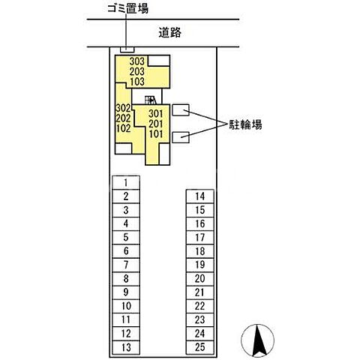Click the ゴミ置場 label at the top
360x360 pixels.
coord(126,9)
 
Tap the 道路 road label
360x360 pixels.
coord(170,32)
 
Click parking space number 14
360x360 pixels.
coord(199,196)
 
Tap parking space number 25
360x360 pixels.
coord(199,346)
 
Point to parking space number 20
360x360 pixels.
coord(199,278)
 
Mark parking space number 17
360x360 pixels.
coord(199,237)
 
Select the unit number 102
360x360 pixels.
coord(124,128)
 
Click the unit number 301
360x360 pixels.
coord(156,114)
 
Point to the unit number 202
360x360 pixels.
coord(124,118)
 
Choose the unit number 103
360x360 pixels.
coord(136,81)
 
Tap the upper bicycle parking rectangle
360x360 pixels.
coord(180,110)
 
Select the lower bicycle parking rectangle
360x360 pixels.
coord(180,136)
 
